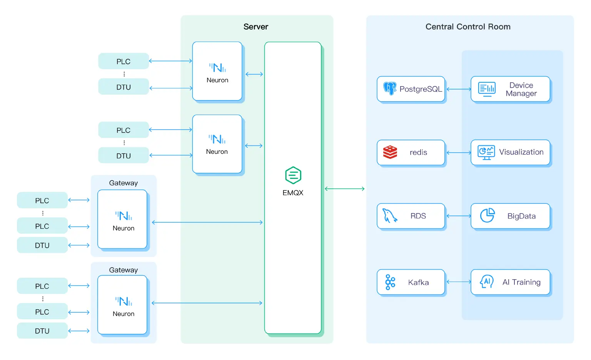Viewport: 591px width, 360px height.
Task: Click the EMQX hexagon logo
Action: (293, 175)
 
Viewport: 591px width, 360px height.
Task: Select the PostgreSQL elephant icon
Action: (390, 88)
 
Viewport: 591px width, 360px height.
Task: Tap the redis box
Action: (411, 152)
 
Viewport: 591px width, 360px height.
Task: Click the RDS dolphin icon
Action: (389, 216)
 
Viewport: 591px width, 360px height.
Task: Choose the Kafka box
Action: (411, 282)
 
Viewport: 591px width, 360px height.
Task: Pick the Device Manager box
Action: (510, 89)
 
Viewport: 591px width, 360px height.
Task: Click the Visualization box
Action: (510, 152)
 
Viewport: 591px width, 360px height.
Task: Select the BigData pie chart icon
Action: (487, 216)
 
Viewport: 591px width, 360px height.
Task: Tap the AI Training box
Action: (510, 282)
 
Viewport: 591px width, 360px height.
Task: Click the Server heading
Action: (256, 27)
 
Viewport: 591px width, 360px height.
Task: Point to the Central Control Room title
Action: (468, 27)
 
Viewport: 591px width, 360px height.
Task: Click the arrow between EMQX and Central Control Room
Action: (345, 189)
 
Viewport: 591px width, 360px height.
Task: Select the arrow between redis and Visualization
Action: (459, 153)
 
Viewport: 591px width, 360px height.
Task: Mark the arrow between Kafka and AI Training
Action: (459, 282)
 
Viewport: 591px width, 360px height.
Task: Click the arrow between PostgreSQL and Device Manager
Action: (459, 89)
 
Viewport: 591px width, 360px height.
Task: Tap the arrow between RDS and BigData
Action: (459, 216)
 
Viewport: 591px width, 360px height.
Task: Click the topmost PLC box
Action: (124, 62)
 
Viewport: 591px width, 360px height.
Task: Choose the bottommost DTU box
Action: (42, 331)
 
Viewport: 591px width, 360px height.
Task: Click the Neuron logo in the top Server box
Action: (217, 68)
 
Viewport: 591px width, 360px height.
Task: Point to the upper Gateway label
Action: (124, 183)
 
